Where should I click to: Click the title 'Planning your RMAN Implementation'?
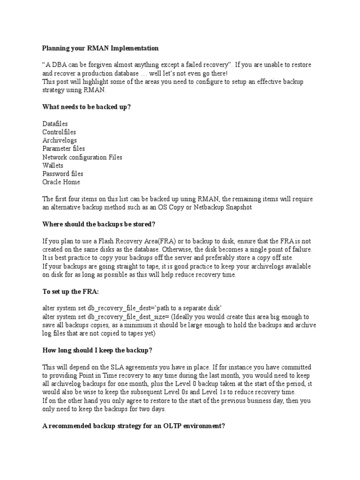(x=100, y=48)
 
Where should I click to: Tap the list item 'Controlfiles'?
(x=59, y=132)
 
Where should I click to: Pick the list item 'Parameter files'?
(x=64, y=149)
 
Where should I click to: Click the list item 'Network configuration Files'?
(x=82, y=157)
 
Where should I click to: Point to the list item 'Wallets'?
(x=52, y=165)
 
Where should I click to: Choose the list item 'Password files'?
(x=63, y=174)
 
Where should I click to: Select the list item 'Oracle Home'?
(x=61, y=182)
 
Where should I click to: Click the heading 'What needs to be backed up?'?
(x=87, y=107)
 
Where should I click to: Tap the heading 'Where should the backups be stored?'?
(x=98, y=224)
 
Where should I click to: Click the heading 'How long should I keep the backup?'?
(x=97, y=350)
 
